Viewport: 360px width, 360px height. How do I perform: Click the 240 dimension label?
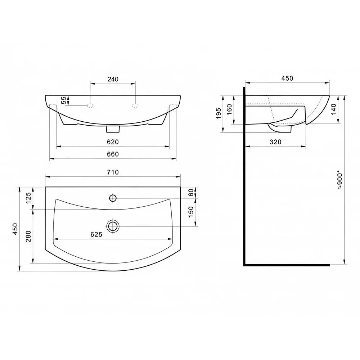[113, 79]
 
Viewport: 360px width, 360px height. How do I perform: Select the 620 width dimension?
[113, 142]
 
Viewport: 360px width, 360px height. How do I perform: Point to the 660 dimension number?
[113, 154]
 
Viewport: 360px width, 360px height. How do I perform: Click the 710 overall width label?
[113, 172]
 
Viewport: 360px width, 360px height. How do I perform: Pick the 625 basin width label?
[96, 234]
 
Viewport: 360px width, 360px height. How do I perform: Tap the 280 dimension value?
[28, 237]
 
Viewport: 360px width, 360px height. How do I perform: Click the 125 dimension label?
[28, 198]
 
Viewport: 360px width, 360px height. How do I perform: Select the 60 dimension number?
[191, 192]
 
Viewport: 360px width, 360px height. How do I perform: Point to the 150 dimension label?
[191, 212]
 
